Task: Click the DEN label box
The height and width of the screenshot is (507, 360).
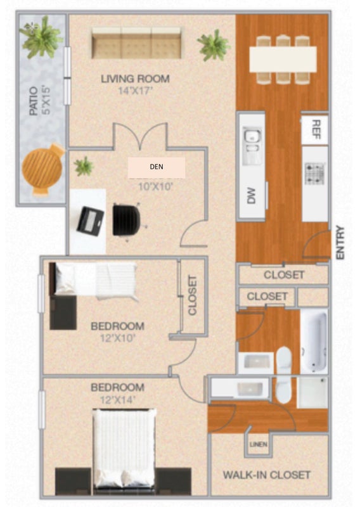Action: click(x=157, y=167)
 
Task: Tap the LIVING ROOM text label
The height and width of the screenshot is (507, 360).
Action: click(x=135, y=79)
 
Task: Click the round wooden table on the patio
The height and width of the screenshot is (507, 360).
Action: click(x=43, y=169)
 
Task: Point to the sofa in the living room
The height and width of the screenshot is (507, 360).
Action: click(x=136, y=43)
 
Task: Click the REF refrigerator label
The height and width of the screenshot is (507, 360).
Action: click(x=316, y=129)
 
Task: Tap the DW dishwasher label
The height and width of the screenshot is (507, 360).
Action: click(x=252, y=196)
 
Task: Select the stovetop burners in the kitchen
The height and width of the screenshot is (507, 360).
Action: click(x=314, y=173)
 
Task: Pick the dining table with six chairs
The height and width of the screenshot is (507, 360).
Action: click(x=283, y=60)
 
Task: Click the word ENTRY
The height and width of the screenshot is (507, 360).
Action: click(x=340, y=243)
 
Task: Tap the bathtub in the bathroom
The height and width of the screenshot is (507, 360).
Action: click(x=314, y=341)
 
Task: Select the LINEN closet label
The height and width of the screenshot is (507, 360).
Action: click(x=259, y=445)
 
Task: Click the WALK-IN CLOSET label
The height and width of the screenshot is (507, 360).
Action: click(x=267, y=475)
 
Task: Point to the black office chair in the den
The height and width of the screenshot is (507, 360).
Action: click(x=127, y=220)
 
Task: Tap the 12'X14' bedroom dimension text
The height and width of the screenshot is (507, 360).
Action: click(x=117, y=401)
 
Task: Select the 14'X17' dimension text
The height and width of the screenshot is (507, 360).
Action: click(x=135, y=91)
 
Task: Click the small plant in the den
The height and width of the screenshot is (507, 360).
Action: click(x=84, y=166)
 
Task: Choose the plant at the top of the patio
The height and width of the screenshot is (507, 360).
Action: click(x=41, y=37)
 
